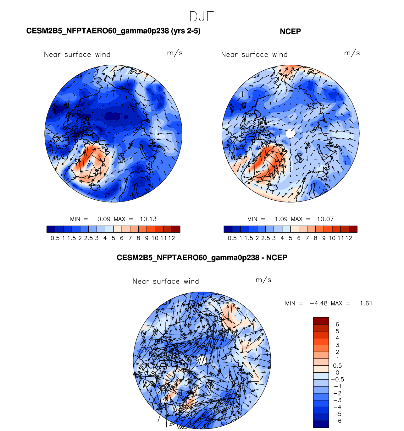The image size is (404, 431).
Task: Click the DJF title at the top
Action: [202, 16]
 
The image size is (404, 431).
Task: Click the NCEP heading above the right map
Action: [290, 31]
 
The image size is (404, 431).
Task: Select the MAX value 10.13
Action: [148, 219]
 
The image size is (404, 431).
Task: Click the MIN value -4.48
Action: [318, 303]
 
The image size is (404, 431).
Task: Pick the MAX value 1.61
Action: [366, 303]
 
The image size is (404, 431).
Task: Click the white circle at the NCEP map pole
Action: [291, 133]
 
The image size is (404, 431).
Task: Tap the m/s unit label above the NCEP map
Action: [352, 53]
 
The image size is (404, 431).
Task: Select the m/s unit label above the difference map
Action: [263, 280]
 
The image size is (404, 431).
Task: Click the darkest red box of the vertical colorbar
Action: [321, 321]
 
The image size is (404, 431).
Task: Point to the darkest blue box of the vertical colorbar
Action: [321, 424]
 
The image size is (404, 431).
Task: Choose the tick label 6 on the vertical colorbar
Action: [337, 324]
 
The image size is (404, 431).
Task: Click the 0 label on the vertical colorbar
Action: [337, 373]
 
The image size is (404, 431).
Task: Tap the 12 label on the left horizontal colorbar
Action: [172, 238]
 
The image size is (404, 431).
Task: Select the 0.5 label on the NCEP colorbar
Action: [232, 238]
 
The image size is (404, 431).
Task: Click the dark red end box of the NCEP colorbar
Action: [353, 229]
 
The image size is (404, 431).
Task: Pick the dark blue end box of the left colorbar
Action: [51, 229]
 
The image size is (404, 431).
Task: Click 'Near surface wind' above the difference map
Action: [166, 281]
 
